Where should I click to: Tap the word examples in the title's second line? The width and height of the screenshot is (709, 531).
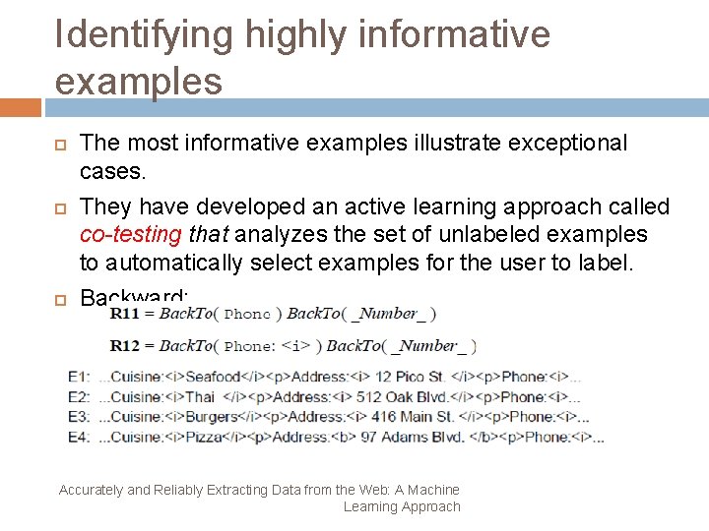(139, 82)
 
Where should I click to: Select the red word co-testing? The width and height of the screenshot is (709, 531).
(130, 234)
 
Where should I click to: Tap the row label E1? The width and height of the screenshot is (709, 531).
(79, 377)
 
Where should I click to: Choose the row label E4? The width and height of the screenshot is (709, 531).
(79, 437)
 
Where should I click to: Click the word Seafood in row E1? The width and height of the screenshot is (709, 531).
(213, 377)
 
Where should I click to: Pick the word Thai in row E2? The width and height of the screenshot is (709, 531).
(200, 397)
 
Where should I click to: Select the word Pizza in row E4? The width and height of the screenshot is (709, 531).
(204, 437)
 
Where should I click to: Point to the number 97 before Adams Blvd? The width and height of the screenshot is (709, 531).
(368, 437)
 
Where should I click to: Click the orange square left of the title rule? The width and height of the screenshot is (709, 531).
(20, 107)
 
